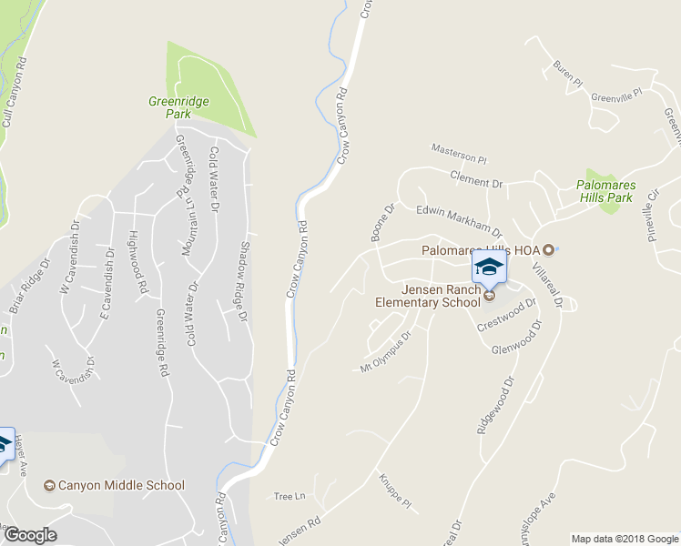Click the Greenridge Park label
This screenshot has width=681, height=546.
tap(169, 108)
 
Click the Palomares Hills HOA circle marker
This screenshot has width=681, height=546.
tap(548, 250)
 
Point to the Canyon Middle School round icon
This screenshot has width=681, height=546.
tap(49, 486)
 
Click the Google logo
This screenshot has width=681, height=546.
tap(30, 535)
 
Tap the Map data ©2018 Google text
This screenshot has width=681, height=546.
tap(624, 539)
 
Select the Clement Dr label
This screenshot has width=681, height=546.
tap(476, 182)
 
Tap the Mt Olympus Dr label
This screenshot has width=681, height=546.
tap(386, 351)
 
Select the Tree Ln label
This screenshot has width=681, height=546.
tap(288, 496)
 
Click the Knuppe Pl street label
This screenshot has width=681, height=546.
tap(395, 490)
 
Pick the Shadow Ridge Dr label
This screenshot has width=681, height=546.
tap(243, 282)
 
